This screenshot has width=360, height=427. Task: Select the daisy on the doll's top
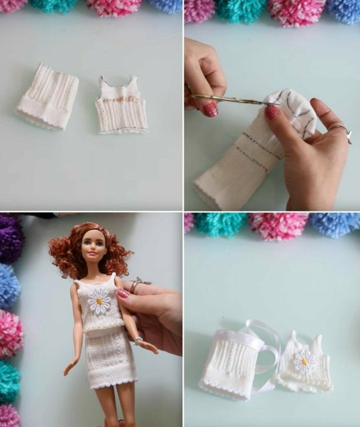pyautogui.click(x=99, y=300)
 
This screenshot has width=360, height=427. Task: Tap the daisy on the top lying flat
pyautogui.click(x=305, y=361)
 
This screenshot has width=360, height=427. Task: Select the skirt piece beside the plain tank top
pyautogui.click(x=48, y=97)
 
